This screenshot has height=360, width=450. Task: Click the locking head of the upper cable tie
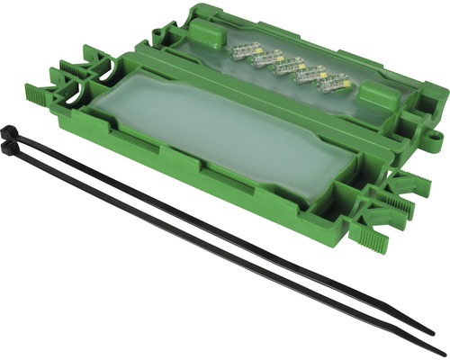point(12,134)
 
